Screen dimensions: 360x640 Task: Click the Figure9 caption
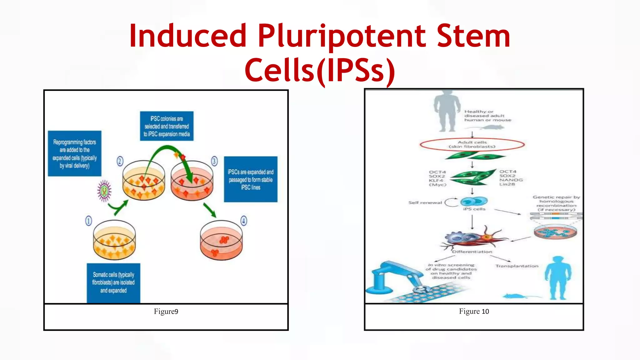(x=166, y=312)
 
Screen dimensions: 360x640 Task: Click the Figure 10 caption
(x=474, y=312)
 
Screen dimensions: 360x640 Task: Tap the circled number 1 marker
(x=89, y=221)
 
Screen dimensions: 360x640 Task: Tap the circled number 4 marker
(x=244, y=221)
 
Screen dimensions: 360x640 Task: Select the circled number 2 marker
(x=120, y=161)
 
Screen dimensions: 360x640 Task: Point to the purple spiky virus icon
(x=104, y=191)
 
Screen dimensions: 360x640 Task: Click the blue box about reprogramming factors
(x=75, y=153)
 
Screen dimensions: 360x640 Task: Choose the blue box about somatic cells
(x=113, y=283)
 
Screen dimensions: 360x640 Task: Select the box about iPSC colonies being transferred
(x=167, y=126)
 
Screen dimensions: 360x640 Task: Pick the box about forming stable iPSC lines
(x=251, y=179)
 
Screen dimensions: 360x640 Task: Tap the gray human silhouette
(x=447, y=111)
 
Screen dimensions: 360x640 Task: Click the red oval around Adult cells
(x=472, y=145)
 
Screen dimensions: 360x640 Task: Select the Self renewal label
(x=425, y=203)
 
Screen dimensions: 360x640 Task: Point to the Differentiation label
(x=472, y=252)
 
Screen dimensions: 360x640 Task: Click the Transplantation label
(x=517, y=266)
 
